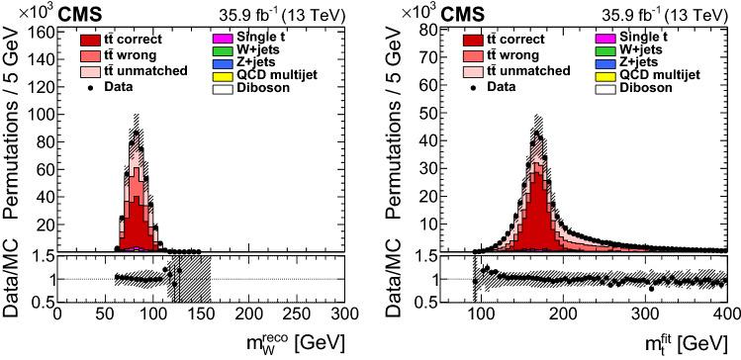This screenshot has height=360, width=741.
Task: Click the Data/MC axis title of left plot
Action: (13, 279)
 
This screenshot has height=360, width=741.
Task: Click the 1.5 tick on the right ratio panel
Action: (431, 256)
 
